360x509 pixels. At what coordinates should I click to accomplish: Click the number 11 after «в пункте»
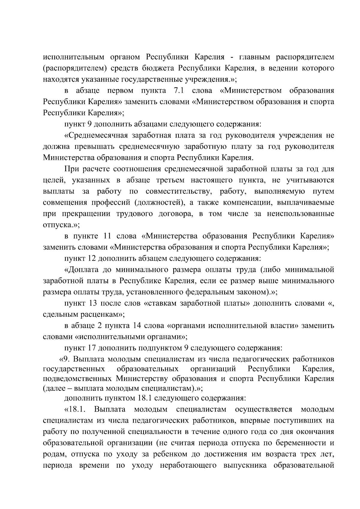107,236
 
